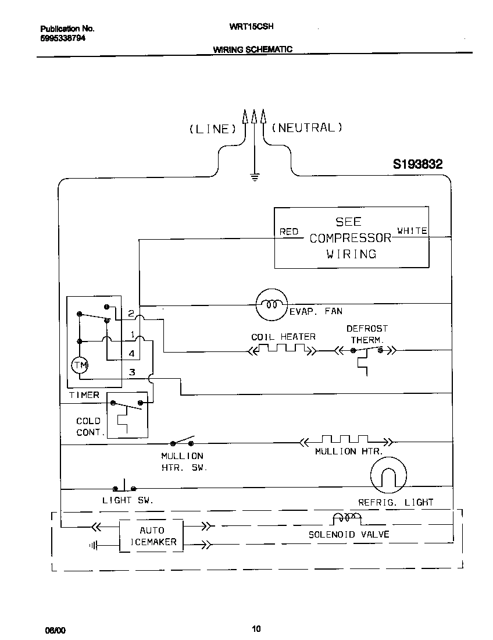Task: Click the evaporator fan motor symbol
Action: coord(271,304)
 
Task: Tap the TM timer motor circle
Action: coord(79,365)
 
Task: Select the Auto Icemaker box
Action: coord(152,536)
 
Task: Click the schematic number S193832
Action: coord(417,165)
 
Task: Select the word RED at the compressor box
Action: coord(289,232)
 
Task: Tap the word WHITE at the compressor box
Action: coord(412,231)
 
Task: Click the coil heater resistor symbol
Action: coord(283,350)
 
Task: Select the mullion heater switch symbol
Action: coord(181,442)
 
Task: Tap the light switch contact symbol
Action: coord(124,486)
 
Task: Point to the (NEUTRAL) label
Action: coord(307,127)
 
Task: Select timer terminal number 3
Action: coord(132,372)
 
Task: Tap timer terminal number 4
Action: coord(132,353)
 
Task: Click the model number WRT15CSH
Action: coord(252,27)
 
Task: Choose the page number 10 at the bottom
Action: coord(256,628)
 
